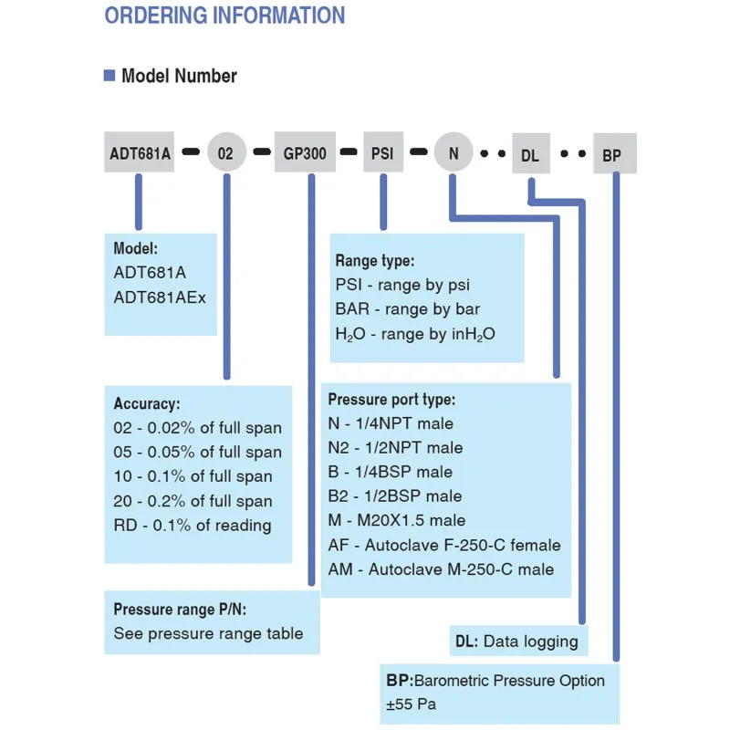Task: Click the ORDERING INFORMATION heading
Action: [224, 16]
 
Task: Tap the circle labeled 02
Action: [225, 153]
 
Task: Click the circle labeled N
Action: [454, 153]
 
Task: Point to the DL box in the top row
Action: [530, 155]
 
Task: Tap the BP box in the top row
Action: [612, 155]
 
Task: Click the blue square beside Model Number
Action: [109, 76]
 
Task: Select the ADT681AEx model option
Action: [160, 297]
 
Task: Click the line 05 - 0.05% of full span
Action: [197, 452]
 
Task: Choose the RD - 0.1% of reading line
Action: [192, 525]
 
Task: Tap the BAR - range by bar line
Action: [407, 309]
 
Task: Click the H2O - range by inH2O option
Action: [415, 334]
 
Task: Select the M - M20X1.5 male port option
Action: [396, 520]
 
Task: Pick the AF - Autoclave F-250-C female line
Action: [444, 545]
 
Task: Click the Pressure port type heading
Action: [391, 399]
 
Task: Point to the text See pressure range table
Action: [208, 633]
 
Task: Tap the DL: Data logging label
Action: [516, 641]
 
